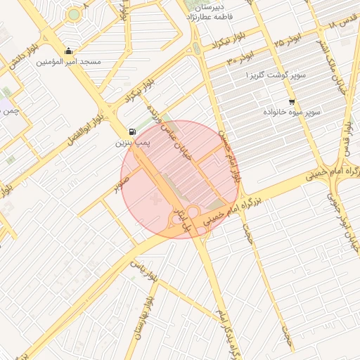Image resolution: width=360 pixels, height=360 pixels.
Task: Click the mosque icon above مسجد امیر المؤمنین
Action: click(x=68, y=51)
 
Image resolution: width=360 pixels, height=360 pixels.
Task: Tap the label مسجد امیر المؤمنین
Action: click(x=68, y=62)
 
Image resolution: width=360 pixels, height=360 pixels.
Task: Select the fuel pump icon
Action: click(x=132, y=131)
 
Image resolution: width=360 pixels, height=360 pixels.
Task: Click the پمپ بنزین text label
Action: click(x=133, y=143)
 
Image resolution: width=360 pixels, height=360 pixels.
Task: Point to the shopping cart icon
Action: click(x=292, y=102)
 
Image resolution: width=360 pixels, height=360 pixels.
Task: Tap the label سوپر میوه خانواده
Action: click(x=292, y=112)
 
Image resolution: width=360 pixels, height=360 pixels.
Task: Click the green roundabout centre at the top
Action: click(x=74, y=14)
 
